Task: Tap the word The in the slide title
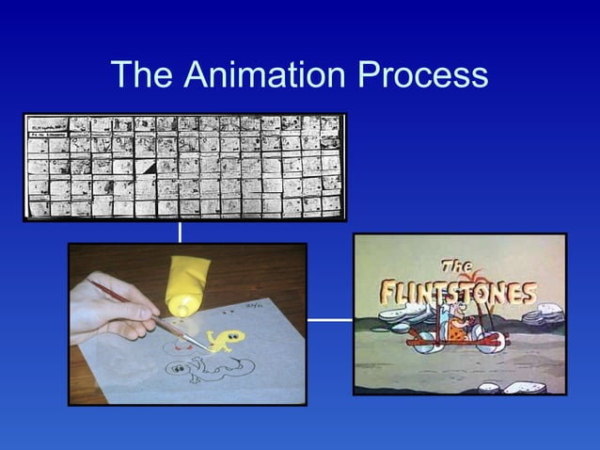[x=140, y=74]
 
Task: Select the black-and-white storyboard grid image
[x=184, y=167]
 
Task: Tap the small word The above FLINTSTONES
[x=459, y=265]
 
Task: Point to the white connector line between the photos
[x=329, y=319]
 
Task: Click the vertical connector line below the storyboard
[x=180, y=232]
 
